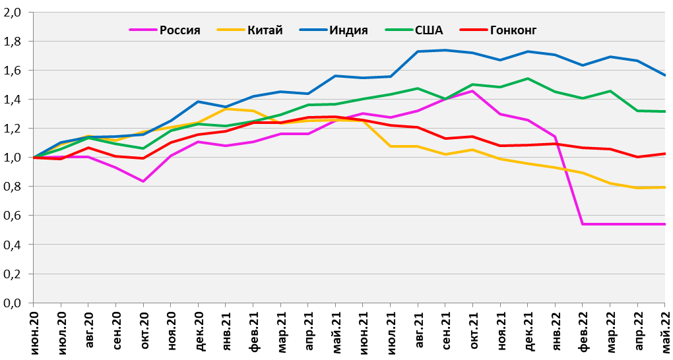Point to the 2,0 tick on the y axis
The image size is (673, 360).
tap(13, 13)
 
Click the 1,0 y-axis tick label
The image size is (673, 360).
tap(13, 158)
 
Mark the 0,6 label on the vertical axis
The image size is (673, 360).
tap(13, 216)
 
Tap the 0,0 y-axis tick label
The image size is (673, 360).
tap(13, 303)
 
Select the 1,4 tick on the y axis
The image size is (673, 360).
tap(13, 100)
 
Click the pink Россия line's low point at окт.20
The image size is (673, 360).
tap(143, 181)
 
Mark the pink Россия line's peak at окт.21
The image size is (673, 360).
tap(473, 91)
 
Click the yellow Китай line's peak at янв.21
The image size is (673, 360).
tap(226, 108)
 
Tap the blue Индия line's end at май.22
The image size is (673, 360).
tap(664, 75)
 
